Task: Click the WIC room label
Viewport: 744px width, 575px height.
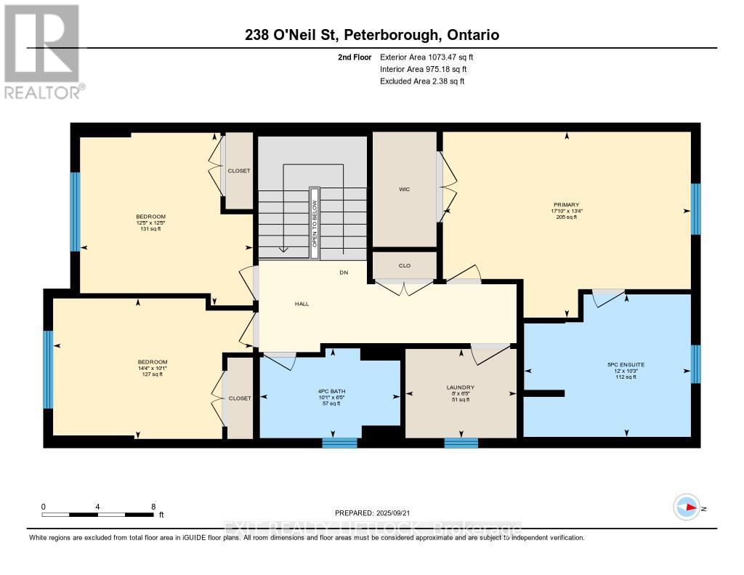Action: pyautogui.click(x=405, y=189)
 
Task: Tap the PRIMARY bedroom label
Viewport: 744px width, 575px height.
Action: pyautogui.click(x=566, y=205)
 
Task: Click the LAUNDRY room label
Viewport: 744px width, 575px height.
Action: pyautogui.click(x=461, y=387)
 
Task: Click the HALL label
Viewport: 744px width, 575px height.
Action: pyautogui.click(x=302, y=304)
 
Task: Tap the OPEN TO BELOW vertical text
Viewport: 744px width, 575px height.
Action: pyautogui.click(x=315, y=224)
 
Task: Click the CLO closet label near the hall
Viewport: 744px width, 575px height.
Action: pyautogui.click(x=405, y=265)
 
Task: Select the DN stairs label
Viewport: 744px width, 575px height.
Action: pyautogui.click(x=344, y=273)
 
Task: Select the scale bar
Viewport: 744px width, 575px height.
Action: pyautogui.click(x=97, y=515)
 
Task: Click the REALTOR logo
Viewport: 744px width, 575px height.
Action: pyautogui.click(x=43, y=51)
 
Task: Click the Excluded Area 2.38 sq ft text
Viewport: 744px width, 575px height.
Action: pyautogui.click(x=422, y=81)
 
